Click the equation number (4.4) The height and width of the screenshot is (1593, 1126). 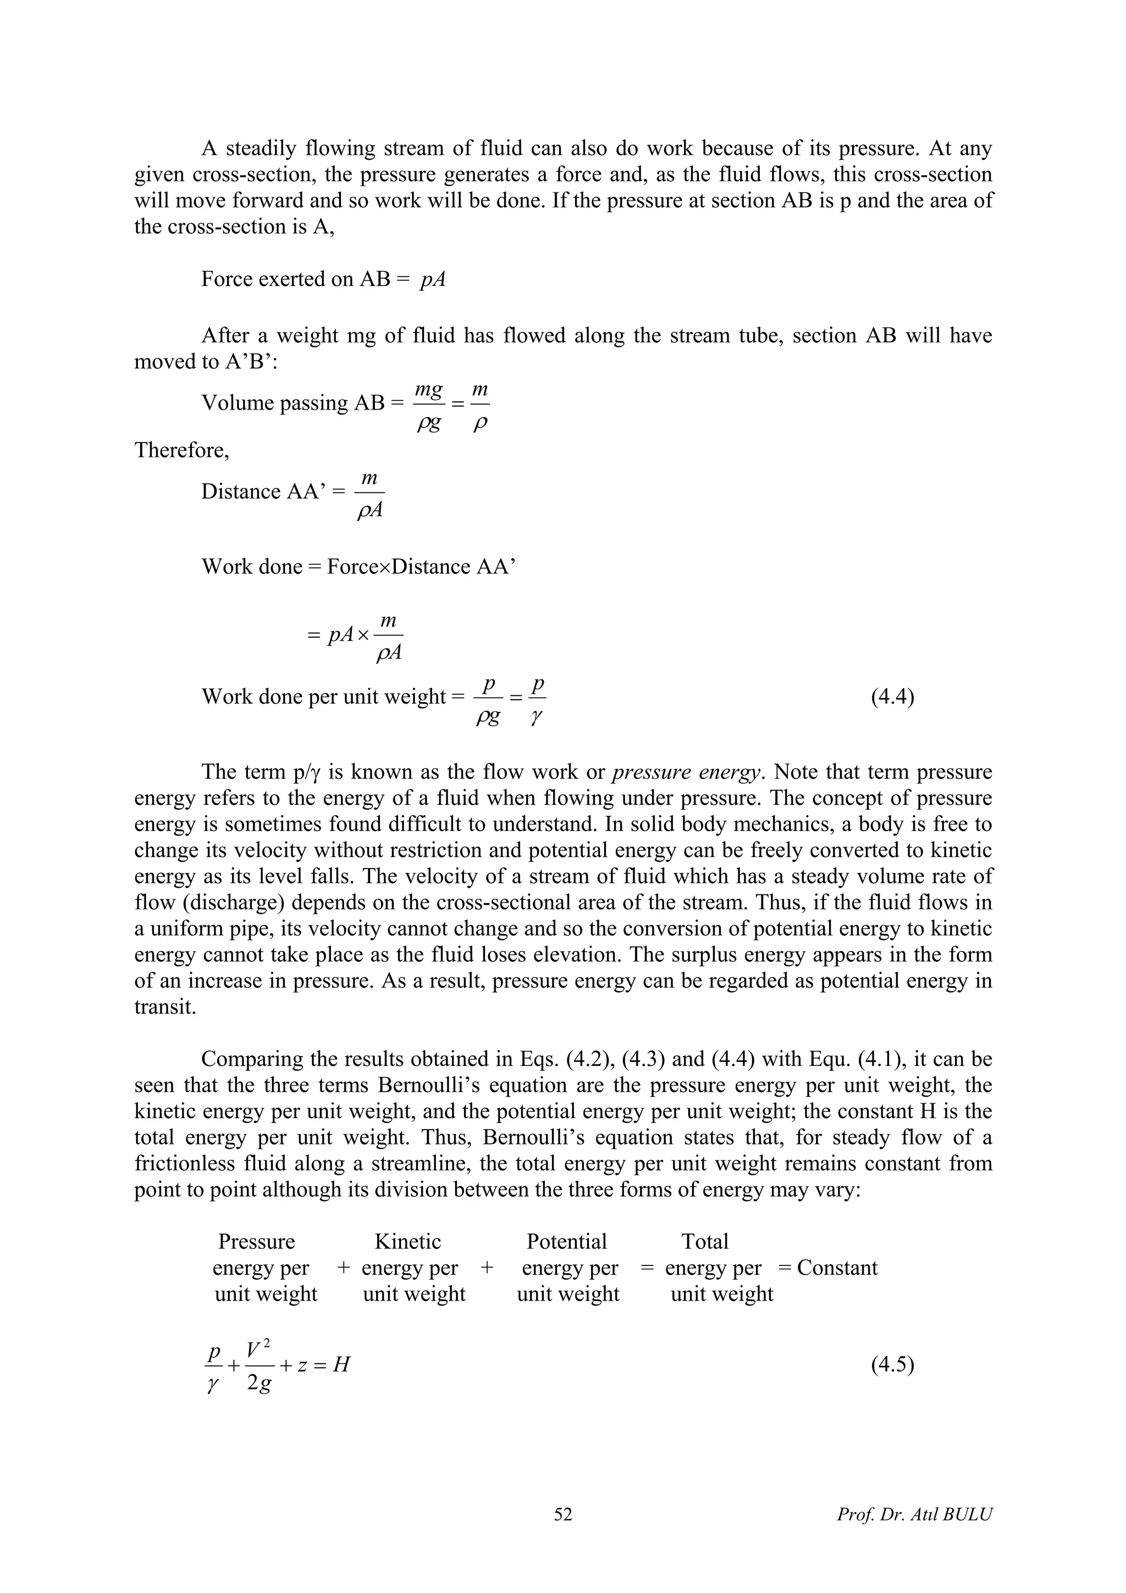coord(892,696)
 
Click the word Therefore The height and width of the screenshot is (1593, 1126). coord(181,450)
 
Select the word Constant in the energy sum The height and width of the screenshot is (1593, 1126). coord(837,1268)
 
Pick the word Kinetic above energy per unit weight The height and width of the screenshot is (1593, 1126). coord(408,1241)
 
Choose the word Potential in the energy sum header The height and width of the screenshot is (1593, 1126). coord(566,1241)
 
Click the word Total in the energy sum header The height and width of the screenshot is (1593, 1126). coord(705,1241)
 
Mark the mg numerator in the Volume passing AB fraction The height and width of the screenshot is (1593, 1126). coord(429,391)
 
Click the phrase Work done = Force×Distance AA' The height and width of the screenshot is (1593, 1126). coord(358,567)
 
